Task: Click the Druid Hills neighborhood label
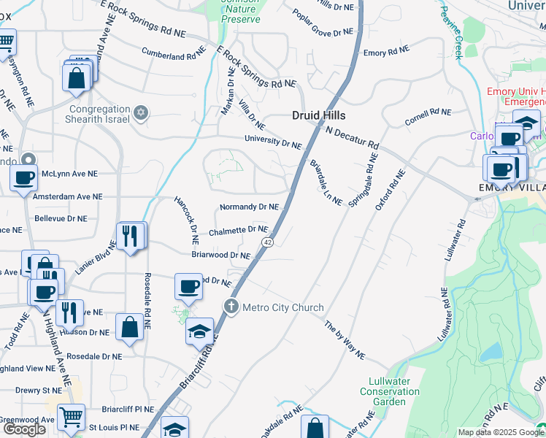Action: pos(318,115)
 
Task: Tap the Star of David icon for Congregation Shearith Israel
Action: pos(142,113)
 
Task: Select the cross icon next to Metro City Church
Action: pos(231,307)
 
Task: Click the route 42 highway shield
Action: pos(268,242)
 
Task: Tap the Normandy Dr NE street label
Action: pos(249,207)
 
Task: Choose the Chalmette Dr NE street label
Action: pos(238,230)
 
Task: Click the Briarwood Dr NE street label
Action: pos(221,255)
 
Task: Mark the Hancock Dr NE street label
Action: pos(185,220)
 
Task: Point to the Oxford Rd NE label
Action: pos(390,190)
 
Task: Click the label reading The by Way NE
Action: pos(345,340)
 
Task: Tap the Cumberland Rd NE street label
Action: pos(174,55)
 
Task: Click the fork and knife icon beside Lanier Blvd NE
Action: pos(130,236)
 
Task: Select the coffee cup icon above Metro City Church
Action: pos(189,286)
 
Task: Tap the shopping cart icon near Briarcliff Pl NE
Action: pos(71,418)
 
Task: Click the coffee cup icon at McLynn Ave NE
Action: pos(24,177)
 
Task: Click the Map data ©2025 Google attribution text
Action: pos(501,432)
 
